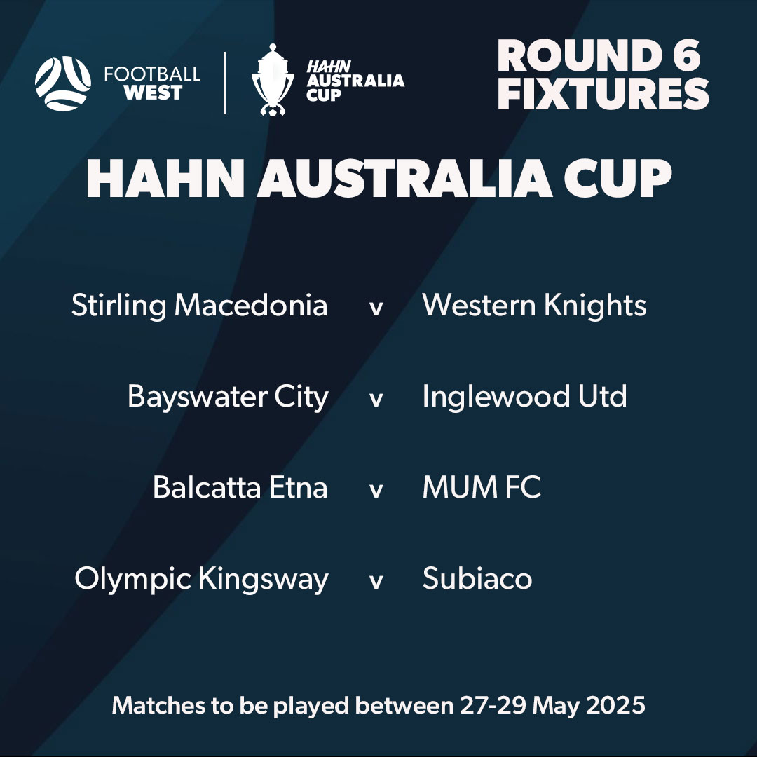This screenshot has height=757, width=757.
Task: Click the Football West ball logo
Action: tap(63, 83)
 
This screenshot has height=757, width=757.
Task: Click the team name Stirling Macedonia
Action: tap(199, 306)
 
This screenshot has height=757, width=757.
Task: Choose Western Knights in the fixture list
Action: tap(534, 306)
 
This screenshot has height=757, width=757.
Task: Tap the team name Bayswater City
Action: tap(228, 397)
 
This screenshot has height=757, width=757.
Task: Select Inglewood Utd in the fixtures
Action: tap(524, 397)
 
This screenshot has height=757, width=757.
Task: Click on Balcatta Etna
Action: tap(240, 488)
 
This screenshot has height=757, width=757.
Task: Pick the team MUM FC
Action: tap(482, 488)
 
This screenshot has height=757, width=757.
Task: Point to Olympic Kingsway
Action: tap(201, 580)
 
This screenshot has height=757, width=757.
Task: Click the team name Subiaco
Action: tap(477, 579)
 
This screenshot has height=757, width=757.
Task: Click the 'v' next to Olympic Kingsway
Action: tap(376, 582)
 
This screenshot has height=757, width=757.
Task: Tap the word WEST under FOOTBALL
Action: tap(153, 93)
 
